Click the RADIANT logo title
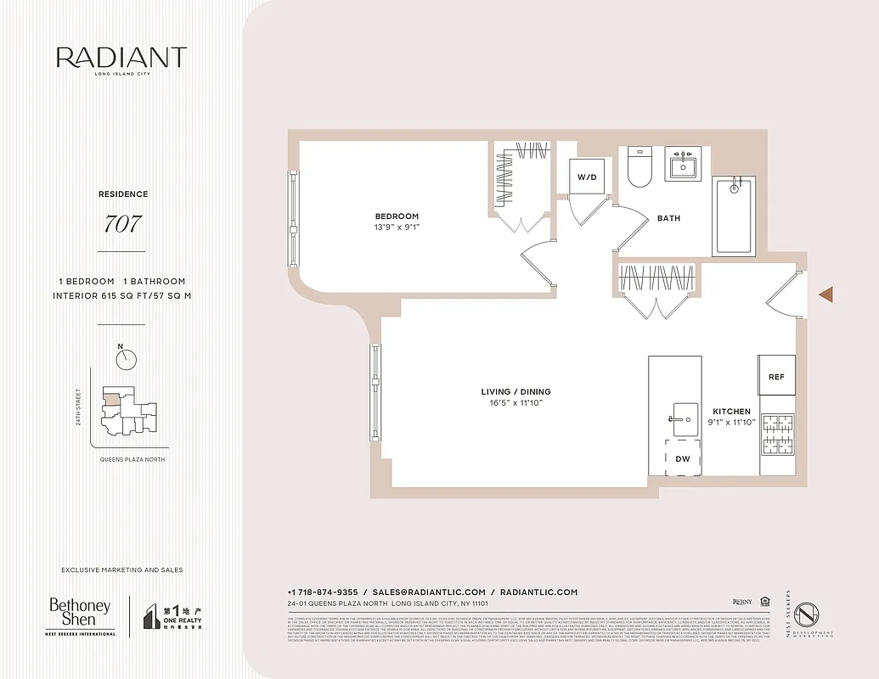pyautogui.click(x=121, y=58)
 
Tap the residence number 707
pyautogui.click(x=122, y=225)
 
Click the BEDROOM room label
pyautogui.click(x=397, y=216)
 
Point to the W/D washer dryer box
pyautogui.click(x=587, y=177)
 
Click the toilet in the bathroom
pyautogui.click(x=639, y=167)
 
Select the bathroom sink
pyautogui.click(x=682, y=165)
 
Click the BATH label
pyautogui.click(x=668, y=218)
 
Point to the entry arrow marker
pyautogui.click(x=825, y=294)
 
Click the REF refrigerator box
pyautogui.click(x=776, y=376)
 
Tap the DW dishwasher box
pyautogui.click(x=683, y=459)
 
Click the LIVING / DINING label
pyautogui.click(x=516, y=391)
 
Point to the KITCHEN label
pyautogui.click(x=730, y=411)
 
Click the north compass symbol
pyautogui.click(x=127, y=359)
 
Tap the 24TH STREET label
pyautogui.click(x=78, y=406)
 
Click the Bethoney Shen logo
pyautogui.click(x=80, y=612)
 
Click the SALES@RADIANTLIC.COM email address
pyautogui.click(x=429, y=592)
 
